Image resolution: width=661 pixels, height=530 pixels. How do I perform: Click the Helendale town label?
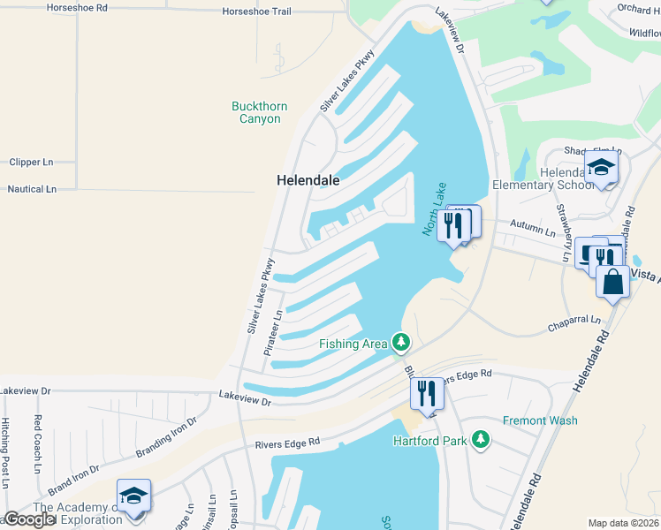pos(308,179)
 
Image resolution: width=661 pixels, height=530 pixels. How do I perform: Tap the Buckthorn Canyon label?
pos(259,112)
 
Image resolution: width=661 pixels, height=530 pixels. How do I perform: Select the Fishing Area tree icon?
pos(401,342)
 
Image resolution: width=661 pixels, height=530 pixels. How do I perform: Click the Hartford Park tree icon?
pos(480,439)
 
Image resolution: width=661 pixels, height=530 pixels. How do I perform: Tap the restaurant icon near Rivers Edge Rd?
pos(427,394)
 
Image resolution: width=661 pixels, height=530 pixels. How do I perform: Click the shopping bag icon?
pos(612,284)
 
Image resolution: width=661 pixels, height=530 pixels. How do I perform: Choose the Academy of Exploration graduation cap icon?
pos(133,496)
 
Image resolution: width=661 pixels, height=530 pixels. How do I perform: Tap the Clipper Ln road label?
pos(31,163)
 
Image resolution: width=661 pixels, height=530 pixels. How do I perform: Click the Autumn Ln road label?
pos(537,232)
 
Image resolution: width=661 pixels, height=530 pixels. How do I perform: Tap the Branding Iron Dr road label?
pos(168,440)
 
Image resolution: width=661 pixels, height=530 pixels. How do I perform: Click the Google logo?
pos(29,519)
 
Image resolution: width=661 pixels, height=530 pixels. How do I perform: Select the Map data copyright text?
pos(624,523)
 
